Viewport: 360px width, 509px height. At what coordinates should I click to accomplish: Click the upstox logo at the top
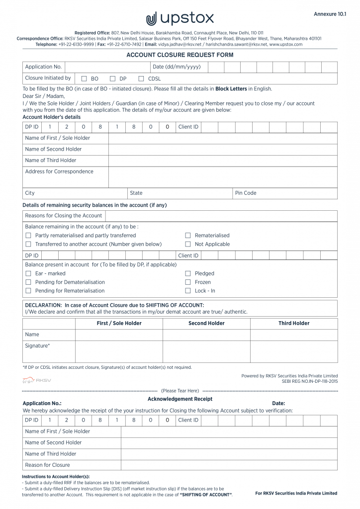(180, 19)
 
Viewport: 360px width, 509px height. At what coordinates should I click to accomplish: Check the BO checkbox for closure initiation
(84, 79)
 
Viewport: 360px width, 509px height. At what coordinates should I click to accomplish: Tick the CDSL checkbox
(141, 79)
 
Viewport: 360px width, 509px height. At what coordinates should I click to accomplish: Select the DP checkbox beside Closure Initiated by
(112, 79)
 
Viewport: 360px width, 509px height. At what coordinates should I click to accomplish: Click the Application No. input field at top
(107, 67)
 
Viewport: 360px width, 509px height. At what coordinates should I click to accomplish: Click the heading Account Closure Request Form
(180, 55)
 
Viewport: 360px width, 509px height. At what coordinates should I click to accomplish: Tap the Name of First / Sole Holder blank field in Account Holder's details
(222, 138)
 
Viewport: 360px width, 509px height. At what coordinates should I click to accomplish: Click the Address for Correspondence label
(59, 171)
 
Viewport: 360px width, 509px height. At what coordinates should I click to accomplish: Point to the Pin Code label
(246, 193)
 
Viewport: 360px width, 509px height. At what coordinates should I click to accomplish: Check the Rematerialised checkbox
(188, 236)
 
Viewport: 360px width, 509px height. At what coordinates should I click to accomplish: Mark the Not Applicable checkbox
(188, 244)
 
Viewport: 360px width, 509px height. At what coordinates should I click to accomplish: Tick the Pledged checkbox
(188, 273)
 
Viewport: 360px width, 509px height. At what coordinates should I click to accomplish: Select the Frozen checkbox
(188, 282)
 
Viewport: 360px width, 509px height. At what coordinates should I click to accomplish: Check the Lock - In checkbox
(188, 290)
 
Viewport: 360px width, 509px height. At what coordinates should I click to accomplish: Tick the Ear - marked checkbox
(28, 273)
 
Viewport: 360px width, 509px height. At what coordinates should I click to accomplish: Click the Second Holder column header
(206, 323)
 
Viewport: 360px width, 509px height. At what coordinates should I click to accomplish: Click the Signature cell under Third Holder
(293, 351)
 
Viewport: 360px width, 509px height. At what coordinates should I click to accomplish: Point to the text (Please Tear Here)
(180, 391)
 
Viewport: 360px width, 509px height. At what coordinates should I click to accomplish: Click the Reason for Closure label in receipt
(47, 465)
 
